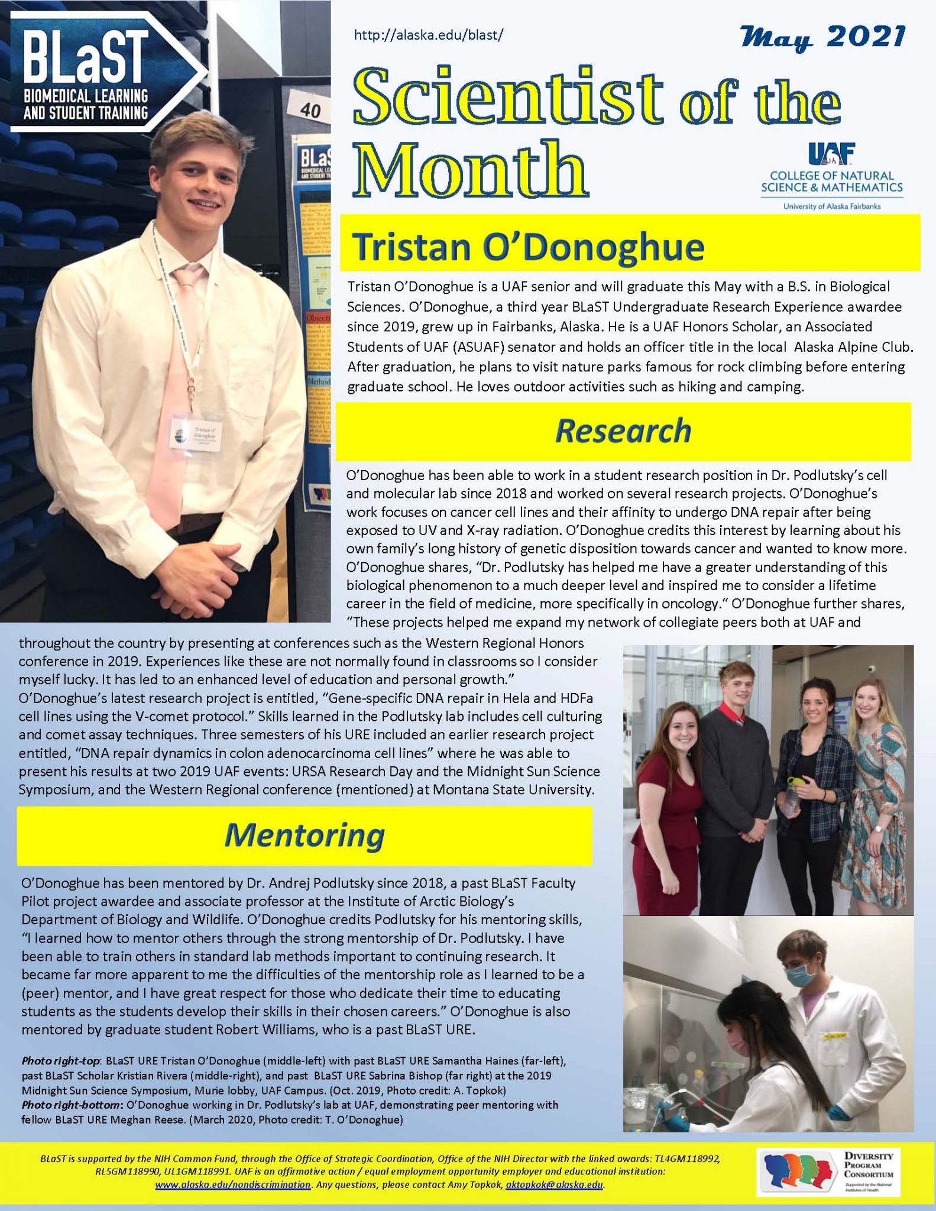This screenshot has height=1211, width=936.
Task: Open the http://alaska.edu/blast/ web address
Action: pos(428,35)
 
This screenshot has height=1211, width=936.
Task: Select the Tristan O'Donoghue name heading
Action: pos(527,247)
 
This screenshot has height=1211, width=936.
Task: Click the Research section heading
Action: pos(623,431)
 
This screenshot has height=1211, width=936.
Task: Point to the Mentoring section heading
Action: pos(304,835)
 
